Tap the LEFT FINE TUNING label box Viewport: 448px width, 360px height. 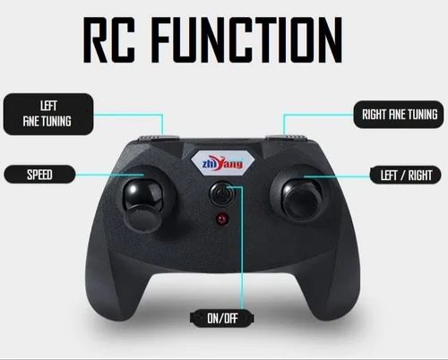coord(48,114)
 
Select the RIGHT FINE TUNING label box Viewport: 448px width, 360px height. coord(399,115)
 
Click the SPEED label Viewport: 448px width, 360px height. coord(39,175)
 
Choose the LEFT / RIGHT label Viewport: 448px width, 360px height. coord(406,176)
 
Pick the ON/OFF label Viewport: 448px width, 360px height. coord(222,318)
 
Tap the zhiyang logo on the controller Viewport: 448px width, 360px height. coord(222,163)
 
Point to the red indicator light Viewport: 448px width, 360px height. coord(222,219)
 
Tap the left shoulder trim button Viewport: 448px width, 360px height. coord(159,138)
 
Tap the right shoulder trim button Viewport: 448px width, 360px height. coord(286,137)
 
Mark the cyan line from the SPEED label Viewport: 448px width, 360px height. coord(109,176)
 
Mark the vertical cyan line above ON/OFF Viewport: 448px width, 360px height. coord(242,249)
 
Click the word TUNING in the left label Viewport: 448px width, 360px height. coord(56,122)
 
